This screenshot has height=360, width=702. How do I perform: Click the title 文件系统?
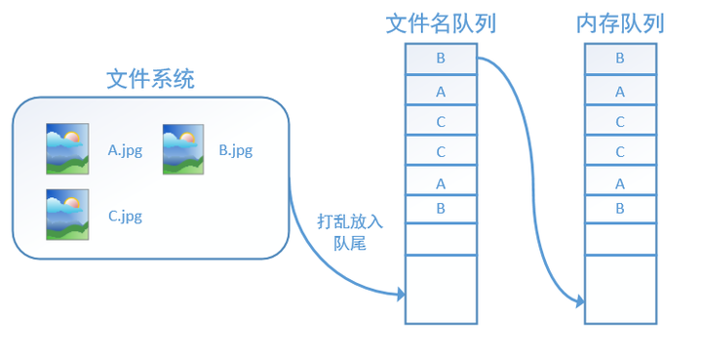pyautogui.click(x=150, y=79)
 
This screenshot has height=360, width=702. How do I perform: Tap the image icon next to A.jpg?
pyautogui.click(x=67, y=148)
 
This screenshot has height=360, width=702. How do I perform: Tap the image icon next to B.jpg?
pyautogui.click(x=182, y=148)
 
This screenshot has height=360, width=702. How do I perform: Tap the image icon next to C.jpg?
pyautogui.click(x=67, y=215)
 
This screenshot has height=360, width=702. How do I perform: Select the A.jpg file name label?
pyautogui.click(x=125, y=150)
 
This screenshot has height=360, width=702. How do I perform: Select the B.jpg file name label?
pyautogui.click(x=236, y=150)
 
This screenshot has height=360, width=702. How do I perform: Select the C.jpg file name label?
pyautogui.click(x=125, y=216)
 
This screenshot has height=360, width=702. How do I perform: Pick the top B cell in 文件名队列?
pyautogui.click(x=441, y=59)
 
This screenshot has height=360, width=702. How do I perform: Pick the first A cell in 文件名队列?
pyautogui.click(x=441, y=92)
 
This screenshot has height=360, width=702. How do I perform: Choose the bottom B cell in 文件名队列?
pyautogui.click(x=441, y=208)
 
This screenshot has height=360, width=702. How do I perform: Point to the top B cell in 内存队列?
pyautogui.click(x=620, y=59)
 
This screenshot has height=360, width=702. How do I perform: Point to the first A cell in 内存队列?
pyautogui.click(x=620, y=92)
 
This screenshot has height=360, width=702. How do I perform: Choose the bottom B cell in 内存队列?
pyautogui.click(x=620, y=208)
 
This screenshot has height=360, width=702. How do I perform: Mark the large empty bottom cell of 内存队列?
pyautogui.click(x=620, y=289)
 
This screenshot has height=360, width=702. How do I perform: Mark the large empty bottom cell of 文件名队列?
pyautogui.click(x=441, y=289)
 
